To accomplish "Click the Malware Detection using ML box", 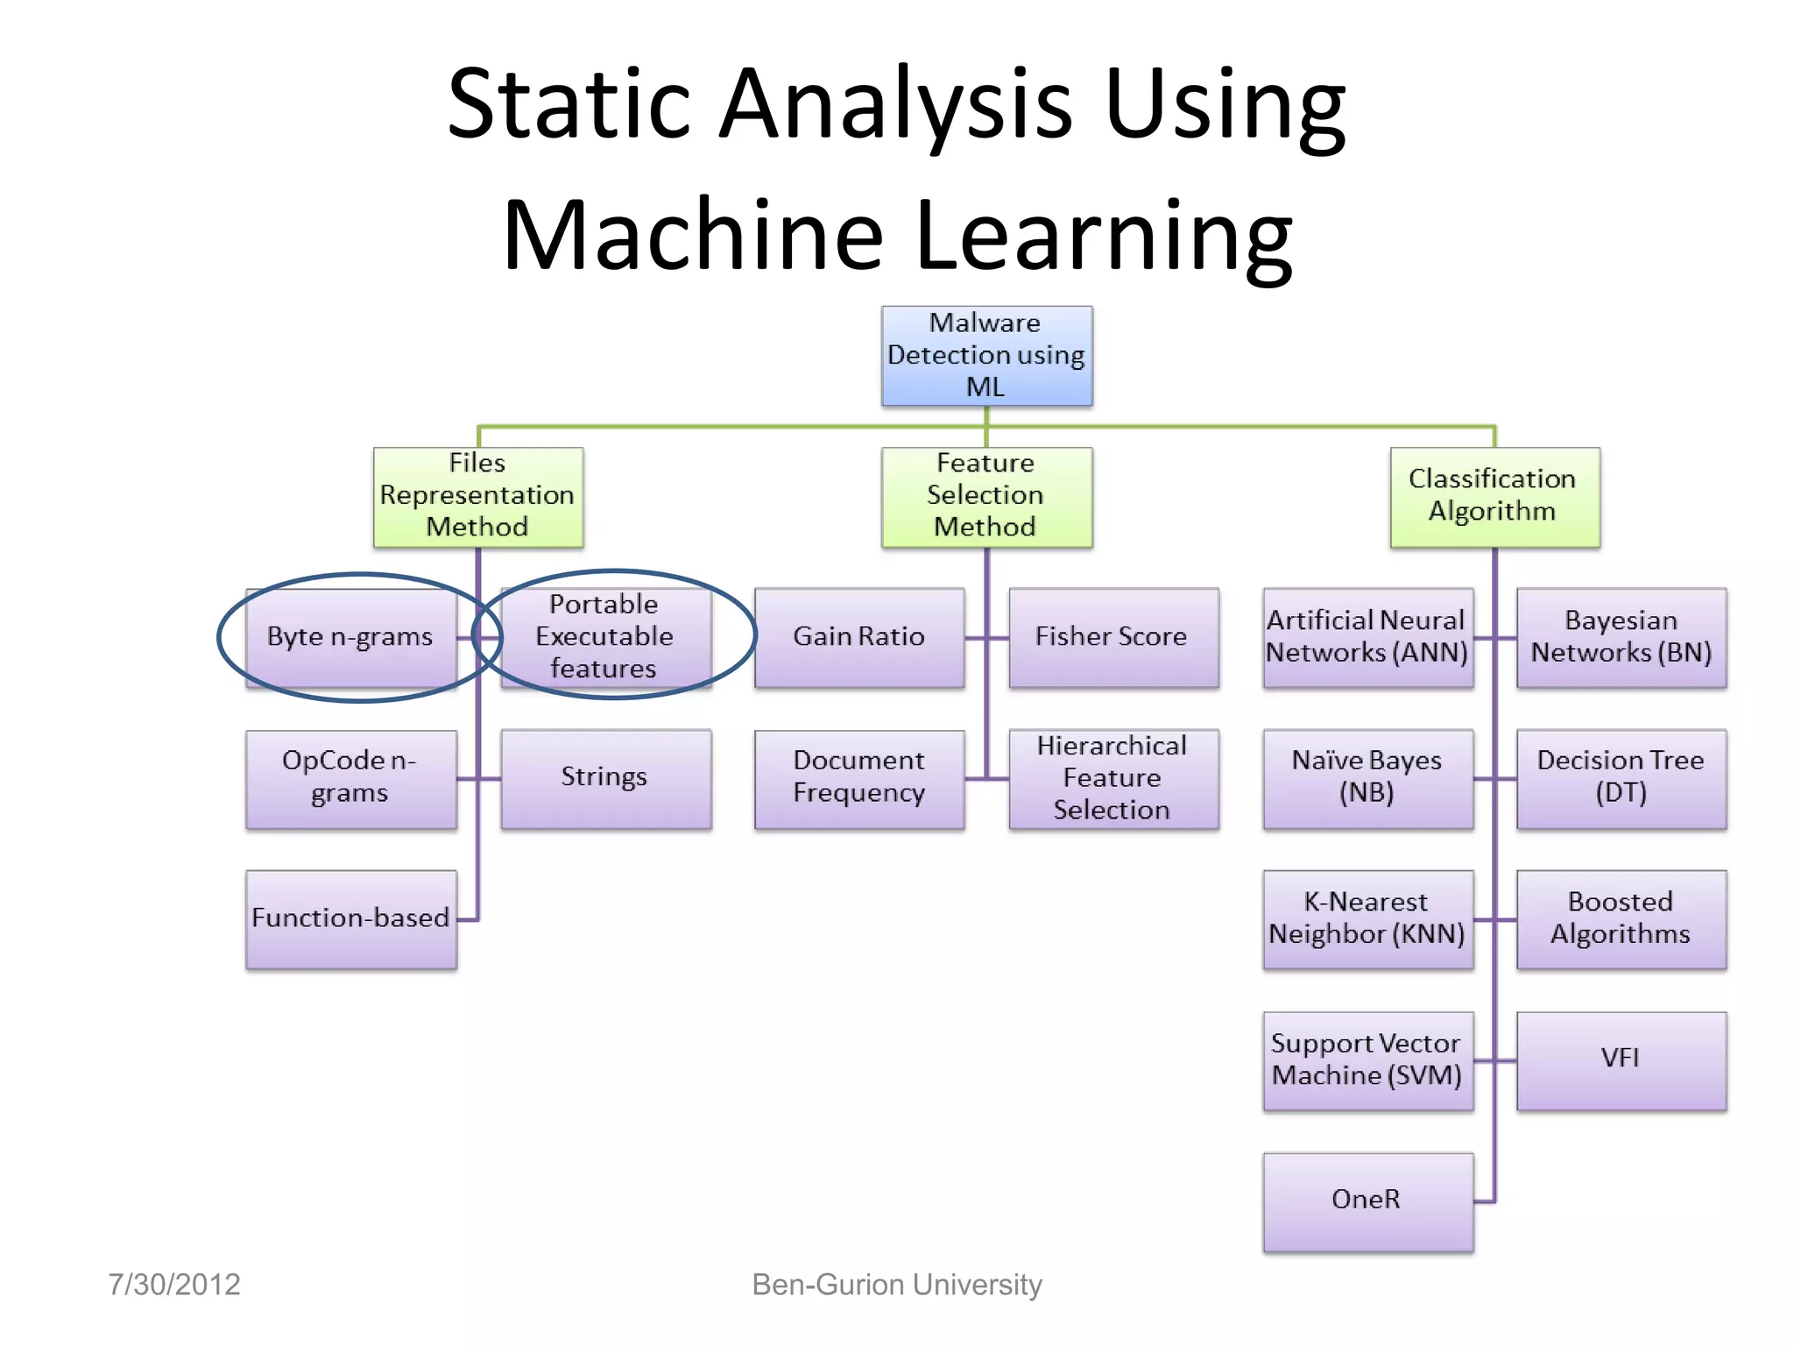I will pos(986,355).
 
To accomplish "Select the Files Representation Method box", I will pos(478,497).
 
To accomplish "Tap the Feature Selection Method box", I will pos(986,497).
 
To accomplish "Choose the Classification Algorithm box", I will pos(1494,497).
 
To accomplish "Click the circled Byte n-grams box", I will pos(351,637).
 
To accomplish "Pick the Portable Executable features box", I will pos(605,637).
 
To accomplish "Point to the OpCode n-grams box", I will pos(351,778).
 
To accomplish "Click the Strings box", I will pos(605,778).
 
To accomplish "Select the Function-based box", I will pos(351,918).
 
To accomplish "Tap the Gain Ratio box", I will pos(859,637).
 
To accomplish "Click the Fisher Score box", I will pos(1113,637).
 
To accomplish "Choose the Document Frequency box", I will pos(859,778).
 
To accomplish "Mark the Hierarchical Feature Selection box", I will pos(1113,778).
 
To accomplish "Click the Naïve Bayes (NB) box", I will pos(1367,778).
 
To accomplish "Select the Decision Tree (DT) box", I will pos(1621,778).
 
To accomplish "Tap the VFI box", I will pos(1621,1059).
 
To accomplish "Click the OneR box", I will pos(1367,1201).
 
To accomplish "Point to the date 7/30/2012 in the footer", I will pos(174,1285).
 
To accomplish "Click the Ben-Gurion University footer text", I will pos(897,1285).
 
